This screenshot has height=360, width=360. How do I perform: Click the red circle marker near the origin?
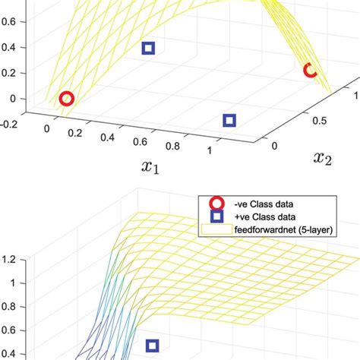pos(67,99)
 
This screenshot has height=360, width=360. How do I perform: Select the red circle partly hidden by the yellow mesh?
pos(310,71)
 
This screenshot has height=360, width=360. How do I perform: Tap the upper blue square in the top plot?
pos(149,49)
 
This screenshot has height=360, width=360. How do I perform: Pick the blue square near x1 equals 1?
pos(229,120)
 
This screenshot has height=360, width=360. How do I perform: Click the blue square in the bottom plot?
pos(153,346)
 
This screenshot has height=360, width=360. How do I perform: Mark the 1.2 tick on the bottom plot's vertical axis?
pos(9,260)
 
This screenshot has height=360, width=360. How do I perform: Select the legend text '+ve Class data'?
pos(266,215)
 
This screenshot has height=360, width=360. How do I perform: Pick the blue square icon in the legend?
pos(216,215)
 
